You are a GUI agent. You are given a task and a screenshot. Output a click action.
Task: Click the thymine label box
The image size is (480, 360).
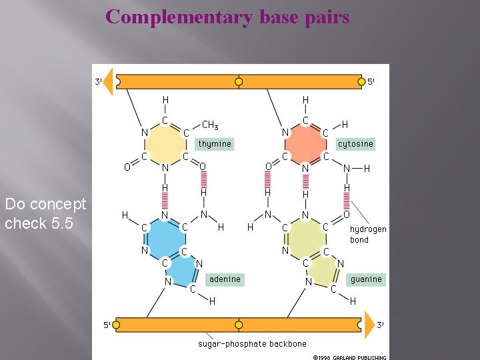215,144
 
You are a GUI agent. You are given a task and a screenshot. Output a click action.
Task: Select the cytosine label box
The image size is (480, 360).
355,144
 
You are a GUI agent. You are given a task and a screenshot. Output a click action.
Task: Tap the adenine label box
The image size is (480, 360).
225,279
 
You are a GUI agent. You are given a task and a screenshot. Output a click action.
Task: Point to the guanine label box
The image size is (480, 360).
366,279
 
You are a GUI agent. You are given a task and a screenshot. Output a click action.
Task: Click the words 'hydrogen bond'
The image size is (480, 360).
368,234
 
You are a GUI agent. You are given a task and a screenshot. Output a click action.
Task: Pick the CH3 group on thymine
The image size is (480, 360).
210,125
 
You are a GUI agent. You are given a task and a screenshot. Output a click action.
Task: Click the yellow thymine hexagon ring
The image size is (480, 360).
165,144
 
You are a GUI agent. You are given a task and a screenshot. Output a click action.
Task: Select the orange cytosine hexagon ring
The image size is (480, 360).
305,144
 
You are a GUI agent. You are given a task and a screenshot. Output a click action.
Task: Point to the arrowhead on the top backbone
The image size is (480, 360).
108,81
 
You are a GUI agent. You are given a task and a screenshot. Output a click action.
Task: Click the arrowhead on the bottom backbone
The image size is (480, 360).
369,325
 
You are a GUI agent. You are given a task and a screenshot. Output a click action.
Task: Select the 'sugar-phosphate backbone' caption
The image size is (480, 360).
252,344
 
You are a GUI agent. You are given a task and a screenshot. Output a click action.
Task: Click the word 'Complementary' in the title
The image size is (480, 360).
177,17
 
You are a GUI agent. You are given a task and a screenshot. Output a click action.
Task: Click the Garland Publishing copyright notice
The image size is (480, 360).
349,357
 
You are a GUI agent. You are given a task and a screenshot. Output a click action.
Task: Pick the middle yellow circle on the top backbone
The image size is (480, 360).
239,82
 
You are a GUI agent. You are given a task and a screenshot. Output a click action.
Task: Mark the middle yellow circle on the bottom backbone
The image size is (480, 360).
239,326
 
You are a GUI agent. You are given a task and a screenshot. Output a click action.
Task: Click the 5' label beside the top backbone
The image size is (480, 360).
371,82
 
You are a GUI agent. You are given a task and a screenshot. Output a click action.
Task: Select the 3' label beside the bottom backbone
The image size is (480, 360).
381,325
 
